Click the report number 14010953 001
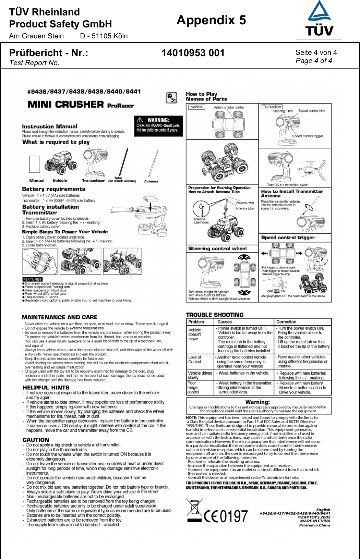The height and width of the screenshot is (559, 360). (x=193, y=53)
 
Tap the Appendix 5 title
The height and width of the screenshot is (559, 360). (x=211, y=20)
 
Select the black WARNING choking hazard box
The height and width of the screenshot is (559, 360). (x=158, y=125)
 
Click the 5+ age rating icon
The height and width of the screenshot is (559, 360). (x=171, y=98)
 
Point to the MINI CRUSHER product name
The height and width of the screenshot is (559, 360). (x=66, y=104)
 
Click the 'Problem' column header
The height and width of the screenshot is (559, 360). (x=196, y=322)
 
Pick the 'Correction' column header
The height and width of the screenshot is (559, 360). (x=286, y=322)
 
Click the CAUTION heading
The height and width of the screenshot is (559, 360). (x=36, y=440)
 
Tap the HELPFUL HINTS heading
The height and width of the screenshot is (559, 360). (x=46, y=387)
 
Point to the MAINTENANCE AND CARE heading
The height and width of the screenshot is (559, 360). (x=60, y=317)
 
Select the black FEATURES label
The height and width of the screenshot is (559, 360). (x=32, y=279)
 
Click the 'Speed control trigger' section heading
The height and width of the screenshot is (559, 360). (x=288, y=238)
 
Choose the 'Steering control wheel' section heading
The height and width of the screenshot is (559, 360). (x=217, y=248)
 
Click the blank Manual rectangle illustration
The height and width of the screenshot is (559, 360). (x=35, y=164)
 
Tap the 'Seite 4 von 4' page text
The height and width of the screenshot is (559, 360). (x=316, y=52)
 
